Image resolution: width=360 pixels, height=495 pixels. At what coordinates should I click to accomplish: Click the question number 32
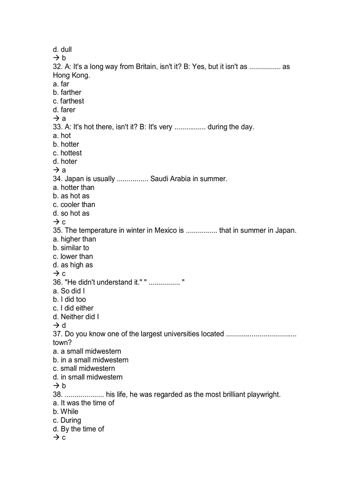[57, 67]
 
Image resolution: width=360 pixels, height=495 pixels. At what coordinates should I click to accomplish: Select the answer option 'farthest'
[72, 101]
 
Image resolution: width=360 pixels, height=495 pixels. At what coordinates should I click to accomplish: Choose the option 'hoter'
[68, 162]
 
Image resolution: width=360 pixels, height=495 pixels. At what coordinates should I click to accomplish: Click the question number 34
[57, 179]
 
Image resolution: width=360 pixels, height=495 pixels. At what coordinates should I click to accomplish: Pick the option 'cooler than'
[78, 205]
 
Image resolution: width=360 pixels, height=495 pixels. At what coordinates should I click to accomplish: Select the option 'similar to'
[75, 248]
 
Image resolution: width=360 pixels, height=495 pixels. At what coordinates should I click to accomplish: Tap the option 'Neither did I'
[79, 317]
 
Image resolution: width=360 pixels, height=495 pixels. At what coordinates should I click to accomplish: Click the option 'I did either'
[77, 309]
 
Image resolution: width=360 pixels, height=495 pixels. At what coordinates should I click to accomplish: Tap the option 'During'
[71, 421]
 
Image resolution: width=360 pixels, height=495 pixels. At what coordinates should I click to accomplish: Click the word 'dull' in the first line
[66, 50]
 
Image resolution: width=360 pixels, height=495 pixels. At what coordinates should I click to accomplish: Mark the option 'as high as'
[76, 265]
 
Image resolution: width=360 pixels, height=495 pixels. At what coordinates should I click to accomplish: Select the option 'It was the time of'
[87, 403]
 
